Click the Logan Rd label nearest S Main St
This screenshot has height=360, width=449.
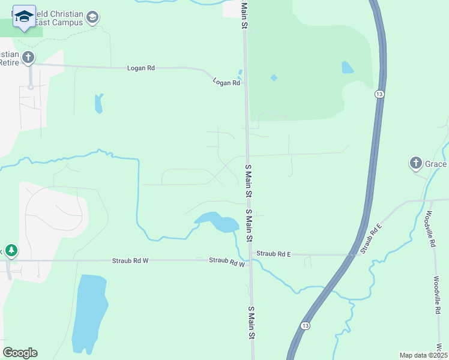[x=226, y=83]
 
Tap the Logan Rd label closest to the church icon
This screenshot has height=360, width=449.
[x=141, y=68]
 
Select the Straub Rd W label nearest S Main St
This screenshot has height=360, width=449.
[x=227, y=262]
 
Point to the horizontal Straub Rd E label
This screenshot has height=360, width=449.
[x=274, y=254]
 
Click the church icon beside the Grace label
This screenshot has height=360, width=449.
[x=415, y=163]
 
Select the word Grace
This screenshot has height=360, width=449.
[x=436, y=164]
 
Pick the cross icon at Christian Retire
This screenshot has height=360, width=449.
[x=28, y=58]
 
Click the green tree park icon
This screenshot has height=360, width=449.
[x=10, y=250]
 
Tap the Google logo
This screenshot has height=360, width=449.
[x=20, y=353]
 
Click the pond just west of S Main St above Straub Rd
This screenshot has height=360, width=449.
[x=217, y=221]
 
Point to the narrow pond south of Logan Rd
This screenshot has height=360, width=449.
[x=98, y=104]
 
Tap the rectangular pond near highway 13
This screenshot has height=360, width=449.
[x=348, y=67]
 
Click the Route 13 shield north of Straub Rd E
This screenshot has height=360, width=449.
[x=379, y=94]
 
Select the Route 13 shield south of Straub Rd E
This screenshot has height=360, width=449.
[x=306, y=325]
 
